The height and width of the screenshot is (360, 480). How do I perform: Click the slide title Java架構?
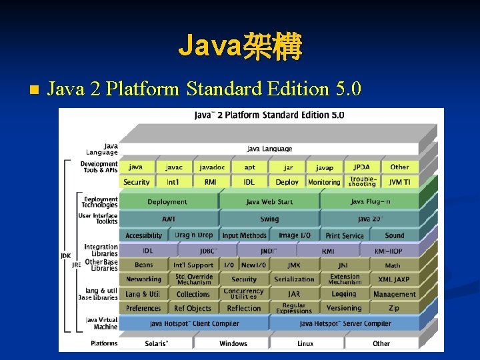pos(240,47)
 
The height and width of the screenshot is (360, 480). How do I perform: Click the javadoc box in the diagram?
pos(212,167)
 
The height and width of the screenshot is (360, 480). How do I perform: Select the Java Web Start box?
pos(269,201)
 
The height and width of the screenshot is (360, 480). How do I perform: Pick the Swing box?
pos(269,219)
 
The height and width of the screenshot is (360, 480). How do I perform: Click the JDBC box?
pos(209,251)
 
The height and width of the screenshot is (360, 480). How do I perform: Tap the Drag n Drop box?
pos(193,235)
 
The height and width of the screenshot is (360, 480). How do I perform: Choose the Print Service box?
pos(344,235)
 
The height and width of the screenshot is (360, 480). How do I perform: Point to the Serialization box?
pos(294,279)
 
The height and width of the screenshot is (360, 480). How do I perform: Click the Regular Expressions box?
pos(294,308)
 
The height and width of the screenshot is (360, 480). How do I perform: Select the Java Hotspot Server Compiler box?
pos(345,324)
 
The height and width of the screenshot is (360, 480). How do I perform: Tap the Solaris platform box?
pos(157,343)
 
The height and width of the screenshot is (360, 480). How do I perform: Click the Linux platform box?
pos(305,343)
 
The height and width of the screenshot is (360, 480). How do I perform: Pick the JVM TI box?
pos(399,182)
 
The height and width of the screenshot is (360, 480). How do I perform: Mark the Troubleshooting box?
pos(362,181)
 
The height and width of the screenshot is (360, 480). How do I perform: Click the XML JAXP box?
pos(394,279)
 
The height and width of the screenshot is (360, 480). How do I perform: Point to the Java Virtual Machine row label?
pos(102,323)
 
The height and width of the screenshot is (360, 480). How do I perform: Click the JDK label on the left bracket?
pos(65,255)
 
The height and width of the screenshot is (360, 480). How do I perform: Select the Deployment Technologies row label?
pos(100,202)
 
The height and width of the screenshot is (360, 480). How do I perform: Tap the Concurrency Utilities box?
pos(243,293)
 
